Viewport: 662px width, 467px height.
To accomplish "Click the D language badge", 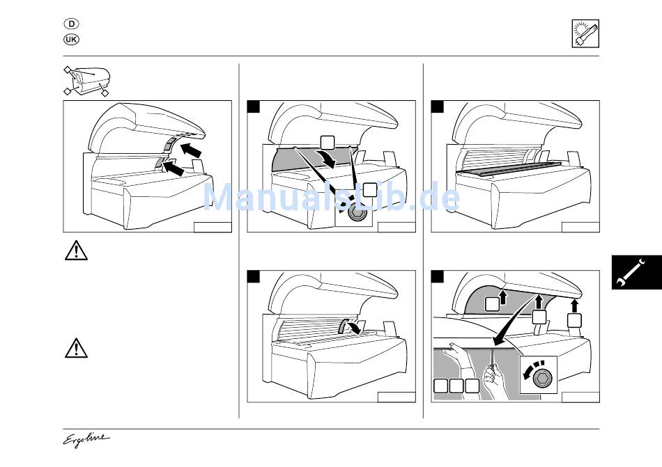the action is (x=71, y=24).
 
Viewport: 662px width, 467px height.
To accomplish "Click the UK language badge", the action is (x=71, y=40).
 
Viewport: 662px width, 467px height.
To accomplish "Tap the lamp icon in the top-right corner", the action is (x=585, y=33).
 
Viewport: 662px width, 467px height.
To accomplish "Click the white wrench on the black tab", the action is (x=631, y=273).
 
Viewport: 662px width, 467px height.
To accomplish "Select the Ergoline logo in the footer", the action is (x=86, y=440).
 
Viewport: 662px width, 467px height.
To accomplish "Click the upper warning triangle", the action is (x=76, y=251).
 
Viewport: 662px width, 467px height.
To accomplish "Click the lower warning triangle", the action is (x=76, y=348).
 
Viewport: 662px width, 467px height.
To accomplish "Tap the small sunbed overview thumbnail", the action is (x=86, y=81).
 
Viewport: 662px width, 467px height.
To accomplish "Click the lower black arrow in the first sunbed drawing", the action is (x=173, y=168).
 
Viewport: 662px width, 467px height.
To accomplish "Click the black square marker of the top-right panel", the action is (x=438, y=107).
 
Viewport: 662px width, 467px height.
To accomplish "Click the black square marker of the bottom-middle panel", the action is (x=254, y=277).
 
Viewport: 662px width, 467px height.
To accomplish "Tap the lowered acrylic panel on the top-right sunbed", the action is (x=509, y=168).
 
